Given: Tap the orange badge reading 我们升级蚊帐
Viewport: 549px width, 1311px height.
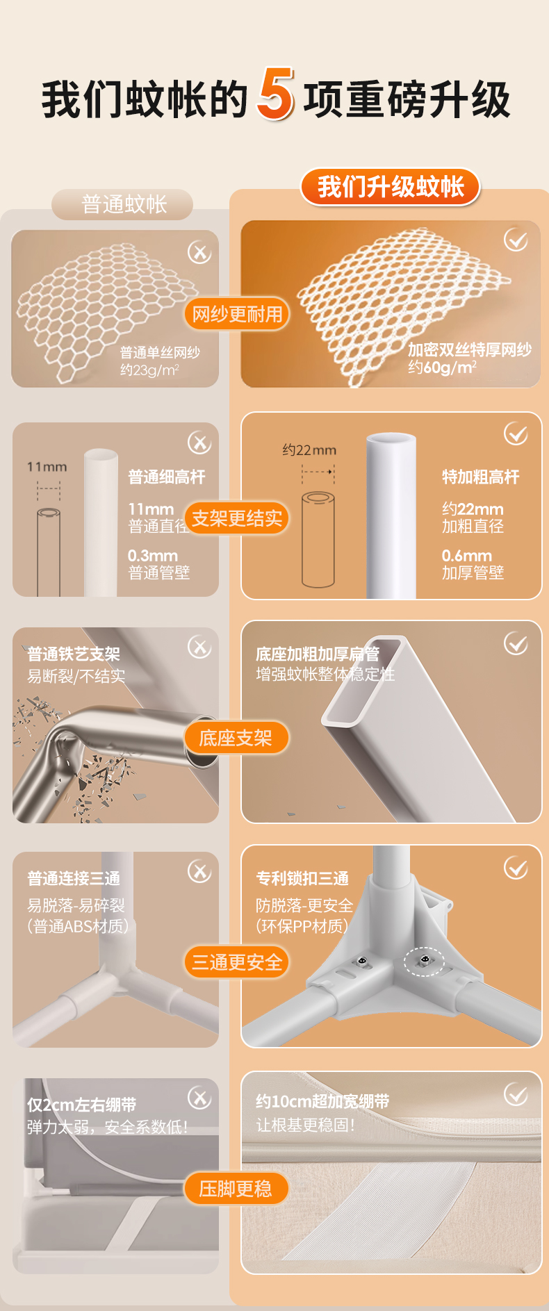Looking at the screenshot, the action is [391, 187].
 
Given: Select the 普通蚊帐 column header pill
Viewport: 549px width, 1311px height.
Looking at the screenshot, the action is [123, 204].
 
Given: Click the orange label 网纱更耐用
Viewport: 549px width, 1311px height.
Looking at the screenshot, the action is [237, 314].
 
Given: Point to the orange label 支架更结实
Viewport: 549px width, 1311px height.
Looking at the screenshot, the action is [237, 518].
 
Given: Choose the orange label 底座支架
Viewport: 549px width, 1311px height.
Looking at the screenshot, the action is [236, 738].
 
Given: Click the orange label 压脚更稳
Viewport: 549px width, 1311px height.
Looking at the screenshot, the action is [236, 1189].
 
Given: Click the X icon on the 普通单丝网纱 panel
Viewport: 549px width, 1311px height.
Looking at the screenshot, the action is [199, 252].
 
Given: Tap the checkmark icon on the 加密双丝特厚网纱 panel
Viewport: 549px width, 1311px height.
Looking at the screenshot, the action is [516, 240].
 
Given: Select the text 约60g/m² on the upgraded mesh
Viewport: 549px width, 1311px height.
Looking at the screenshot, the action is [442, 367].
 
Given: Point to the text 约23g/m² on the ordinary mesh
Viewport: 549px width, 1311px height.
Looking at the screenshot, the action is [149, 370].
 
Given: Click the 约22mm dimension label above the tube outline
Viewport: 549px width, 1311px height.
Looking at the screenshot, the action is [309, 450].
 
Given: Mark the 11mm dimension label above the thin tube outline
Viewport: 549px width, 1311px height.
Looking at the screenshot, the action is [47, 467].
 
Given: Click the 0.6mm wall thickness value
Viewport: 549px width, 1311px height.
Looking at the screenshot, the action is [466, 556].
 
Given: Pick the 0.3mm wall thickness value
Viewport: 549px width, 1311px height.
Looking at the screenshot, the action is [153, 556].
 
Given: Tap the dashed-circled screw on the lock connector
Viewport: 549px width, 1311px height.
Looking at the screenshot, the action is [424, 960].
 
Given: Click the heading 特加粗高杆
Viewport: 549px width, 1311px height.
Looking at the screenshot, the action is [481, 477].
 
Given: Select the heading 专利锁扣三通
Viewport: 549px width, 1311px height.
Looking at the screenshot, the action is [302, 879].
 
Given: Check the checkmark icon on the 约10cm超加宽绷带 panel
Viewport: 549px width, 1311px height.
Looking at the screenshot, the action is [516, 1095].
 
